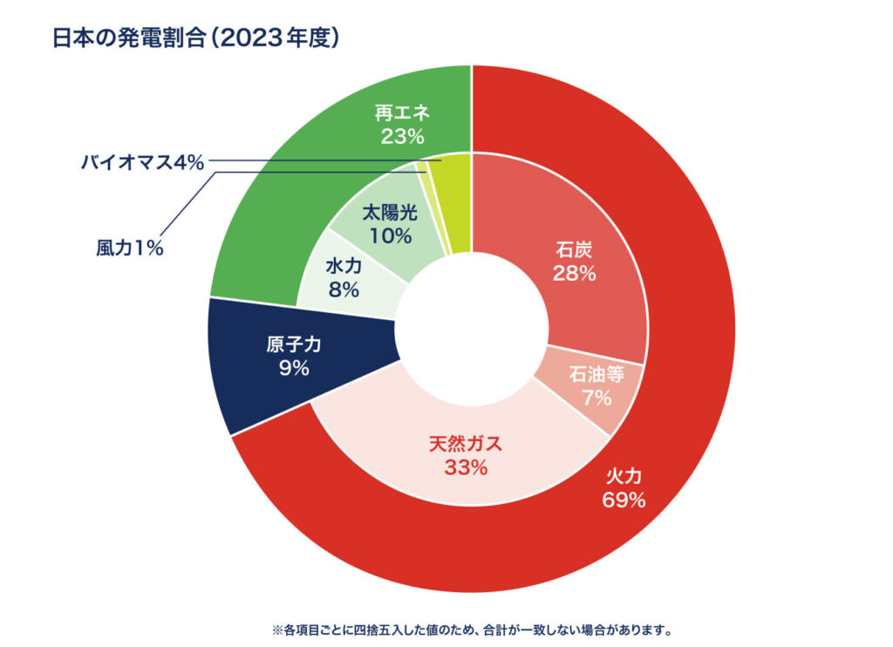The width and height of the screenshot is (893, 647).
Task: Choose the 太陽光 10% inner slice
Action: (x=389, y=222)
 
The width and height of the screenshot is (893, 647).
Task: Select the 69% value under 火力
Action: (x=623, y=501)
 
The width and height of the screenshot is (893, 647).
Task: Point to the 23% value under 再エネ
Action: (x=402, y=136)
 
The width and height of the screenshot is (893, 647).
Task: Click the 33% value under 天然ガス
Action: (x=465, y=467)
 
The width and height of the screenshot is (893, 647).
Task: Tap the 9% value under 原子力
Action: (x=294, y=368)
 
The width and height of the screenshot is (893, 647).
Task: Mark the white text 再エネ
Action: (x=403, y=113)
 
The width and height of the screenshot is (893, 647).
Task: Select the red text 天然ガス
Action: (x=465, y=444)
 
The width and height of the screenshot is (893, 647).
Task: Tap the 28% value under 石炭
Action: (x=574, y=273)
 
